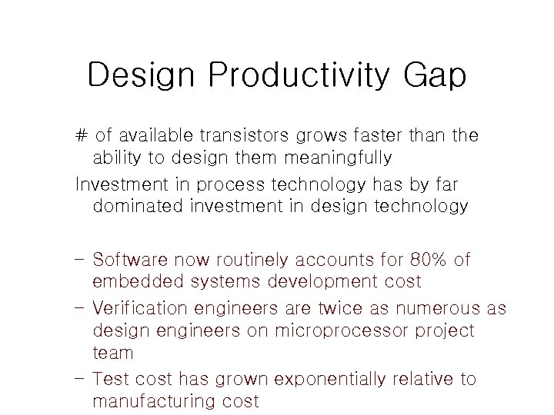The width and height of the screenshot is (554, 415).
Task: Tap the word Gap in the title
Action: tap(434, 76)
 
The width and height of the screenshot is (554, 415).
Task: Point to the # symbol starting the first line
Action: tap(82, 136)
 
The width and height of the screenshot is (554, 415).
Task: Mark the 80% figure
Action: tap(420, 260)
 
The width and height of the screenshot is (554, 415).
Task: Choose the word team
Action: tap(112, 353)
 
